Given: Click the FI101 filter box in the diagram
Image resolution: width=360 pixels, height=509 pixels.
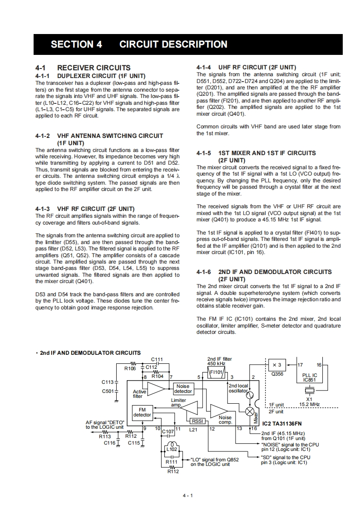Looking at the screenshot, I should [x=217, y=372].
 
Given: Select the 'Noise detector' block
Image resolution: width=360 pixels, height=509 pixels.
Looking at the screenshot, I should [x=183, y=389].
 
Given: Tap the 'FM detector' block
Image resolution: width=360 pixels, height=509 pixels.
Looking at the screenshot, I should [x=142, y=412].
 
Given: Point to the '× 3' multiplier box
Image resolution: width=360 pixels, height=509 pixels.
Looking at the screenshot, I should [x=276, y=365].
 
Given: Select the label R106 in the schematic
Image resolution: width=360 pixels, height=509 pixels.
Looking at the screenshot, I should [x=130, y=368].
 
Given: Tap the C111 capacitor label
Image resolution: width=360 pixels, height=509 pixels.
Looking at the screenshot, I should [x=157, y=359].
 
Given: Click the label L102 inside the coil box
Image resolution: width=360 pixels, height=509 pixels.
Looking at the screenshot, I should [x=172, y=449].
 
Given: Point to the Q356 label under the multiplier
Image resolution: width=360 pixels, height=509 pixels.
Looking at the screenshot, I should [x=276, y=375].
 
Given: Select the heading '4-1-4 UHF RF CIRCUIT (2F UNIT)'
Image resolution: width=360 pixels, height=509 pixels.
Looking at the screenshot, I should [x=247, y=67].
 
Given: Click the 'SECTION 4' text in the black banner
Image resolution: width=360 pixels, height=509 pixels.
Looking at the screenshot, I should [x=76, y=44].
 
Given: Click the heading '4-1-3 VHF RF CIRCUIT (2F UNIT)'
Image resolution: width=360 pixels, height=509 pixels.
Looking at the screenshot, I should [x=85, y=209].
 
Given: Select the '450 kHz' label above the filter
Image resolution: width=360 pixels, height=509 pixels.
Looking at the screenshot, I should [x=216, y=363].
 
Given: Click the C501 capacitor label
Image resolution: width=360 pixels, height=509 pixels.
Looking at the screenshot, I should [x=108, y=391].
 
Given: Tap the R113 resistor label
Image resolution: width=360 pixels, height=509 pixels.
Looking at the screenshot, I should [x=105, y=436].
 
